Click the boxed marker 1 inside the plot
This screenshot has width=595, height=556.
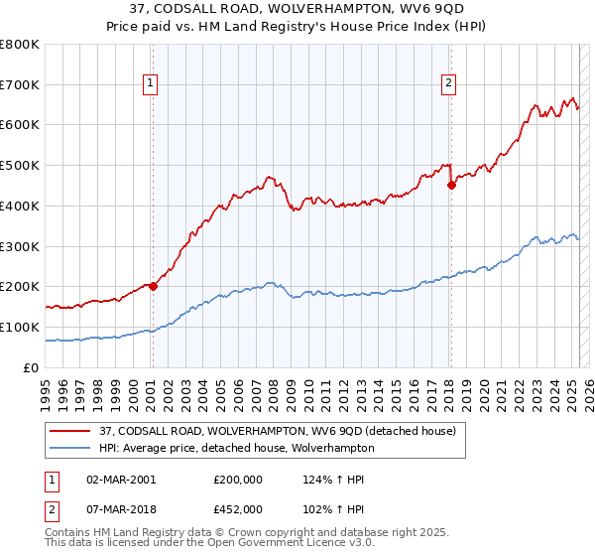[x=151, y=84]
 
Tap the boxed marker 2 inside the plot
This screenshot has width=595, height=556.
[x=449, y=84]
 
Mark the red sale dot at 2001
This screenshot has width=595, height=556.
[x=153, y=286]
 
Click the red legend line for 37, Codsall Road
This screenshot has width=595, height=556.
[x=70, y=431]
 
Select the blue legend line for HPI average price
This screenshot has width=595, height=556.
[x=70, y=448]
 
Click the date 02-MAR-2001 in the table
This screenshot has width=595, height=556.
[x=122, y=479]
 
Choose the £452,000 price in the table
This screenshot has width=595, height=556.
[x=237, y=508]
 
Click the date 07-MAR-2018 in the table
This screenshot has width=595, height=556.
[x=122, y=508]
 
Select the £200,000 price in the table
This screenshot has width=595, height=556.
[x=237, y=479]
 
